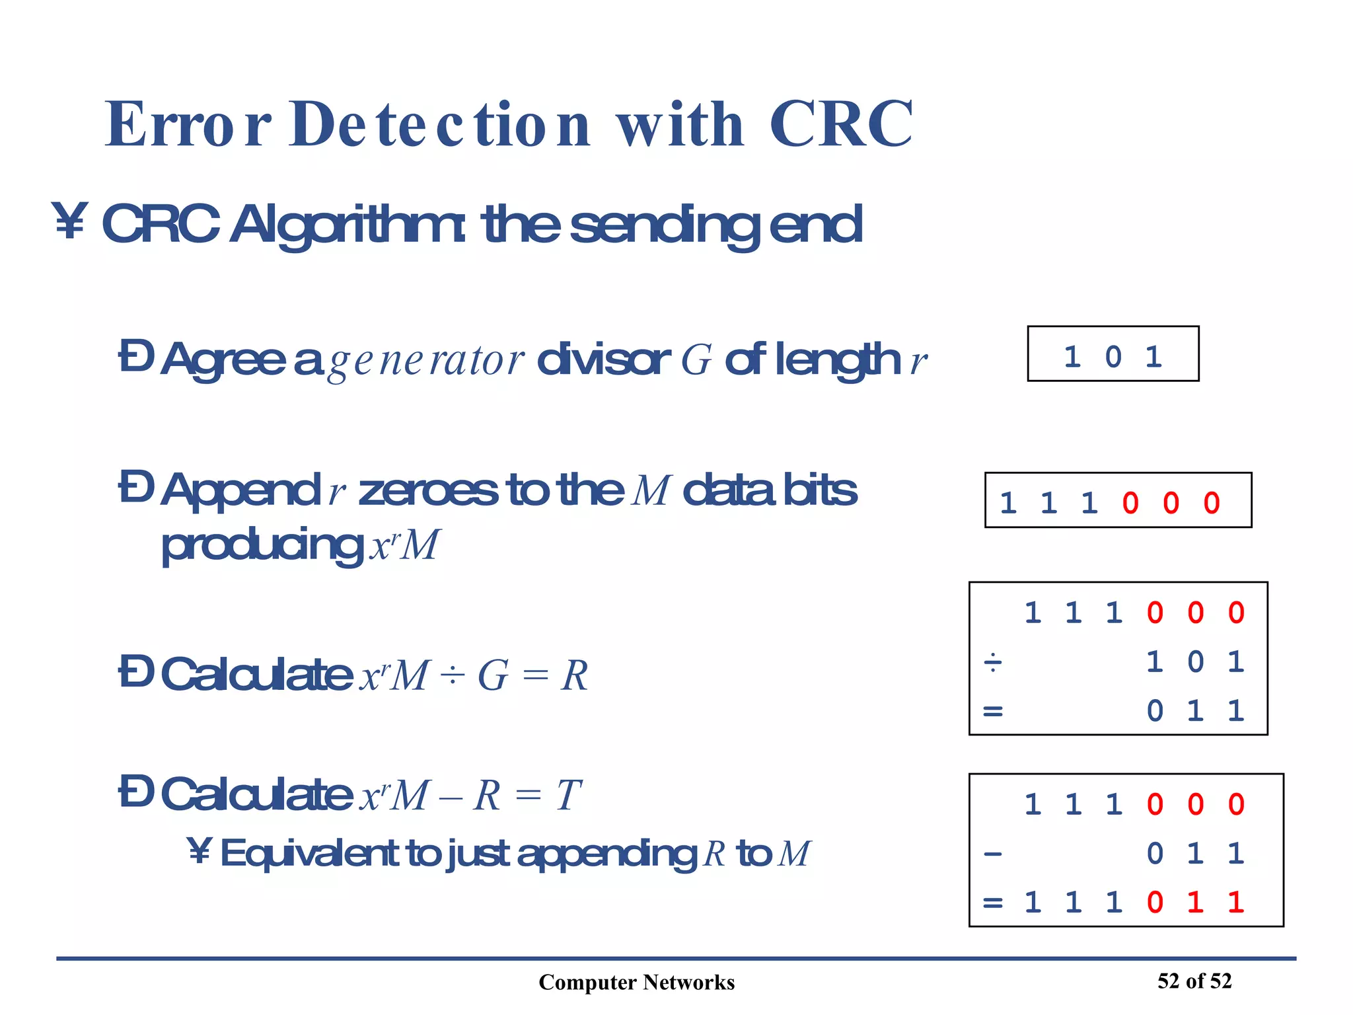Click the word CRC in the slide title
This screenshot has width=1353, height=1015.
tap(840, 124)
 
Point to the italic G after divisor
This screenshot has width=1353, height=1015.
tap(696, 361)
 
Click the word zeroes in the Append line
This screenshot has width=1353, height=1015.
tap(428, 491)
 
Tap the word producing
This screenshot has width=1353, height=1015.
tap(262, 546)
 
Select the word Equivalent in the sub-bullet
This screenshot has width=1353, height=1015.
tap(309, 853)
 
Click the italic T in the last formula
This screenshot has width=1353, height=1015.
tap(568, 795)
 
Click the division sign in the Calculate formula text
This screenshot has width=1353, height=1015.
tap(453, 676)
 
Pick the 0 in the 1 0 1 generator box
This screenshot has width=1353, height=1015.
tap(1113, 357)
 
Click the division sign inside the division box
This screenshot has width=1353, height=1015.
tap(993, 662)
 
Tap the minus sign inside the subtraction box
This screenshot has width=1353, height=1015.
tap(993, 854)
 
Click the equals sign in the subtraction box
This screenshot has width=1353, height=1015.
tap(993, 903)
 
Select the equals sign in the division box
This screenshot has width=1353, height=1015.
tap(993, 712)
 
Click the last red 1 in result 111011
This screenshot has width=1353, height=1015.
tap(1235, 903)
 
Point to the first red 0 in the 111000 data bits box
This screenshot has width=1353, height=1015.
tap(1130, 504)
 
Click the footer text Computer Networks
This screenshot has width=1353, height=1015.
tap(636, 983)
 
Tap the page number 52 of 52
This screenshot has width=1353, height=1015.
tap(1194, 981)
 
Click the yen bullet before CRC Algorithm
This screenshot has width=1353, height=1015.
tap(69, 222)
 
